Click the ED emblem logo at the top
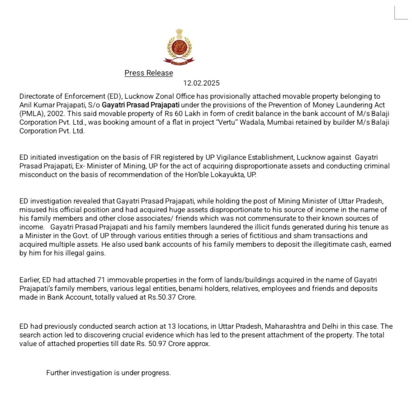[x=178, y=46]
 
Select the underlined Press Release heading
[x=149, y=73]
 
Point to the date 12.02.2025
[x=201, y=83]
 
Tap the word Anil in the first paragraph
[x=26, y=105]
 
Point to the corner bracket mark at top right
[x=400, y=14]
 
